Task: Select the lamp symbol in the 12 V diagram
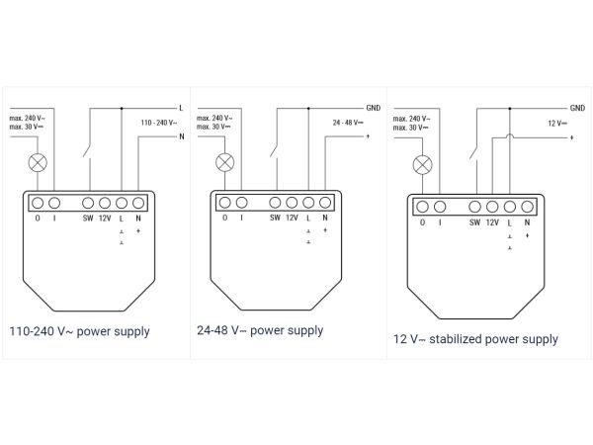pos(423,164)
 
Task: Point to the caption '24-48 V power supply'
pos(260,330)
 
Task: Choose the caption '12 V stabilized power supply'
pos(475,339)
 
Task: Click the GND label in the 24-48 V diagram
pos(373,107)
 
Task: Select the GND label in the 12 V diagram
pos(576,107)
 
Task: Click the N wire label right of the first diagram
pos(181,136)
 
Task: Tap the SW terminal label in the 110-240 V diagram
pos(88,217)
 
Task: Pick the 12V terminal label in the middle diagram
pos(292,218)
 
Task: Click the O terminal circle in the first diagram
pos(37,201)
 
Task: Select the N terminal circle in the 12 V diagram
pos(528,207)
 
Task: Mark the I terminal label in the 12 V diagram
pos(440,222)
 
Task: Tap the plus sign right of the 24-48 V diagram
pos(368,136)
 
